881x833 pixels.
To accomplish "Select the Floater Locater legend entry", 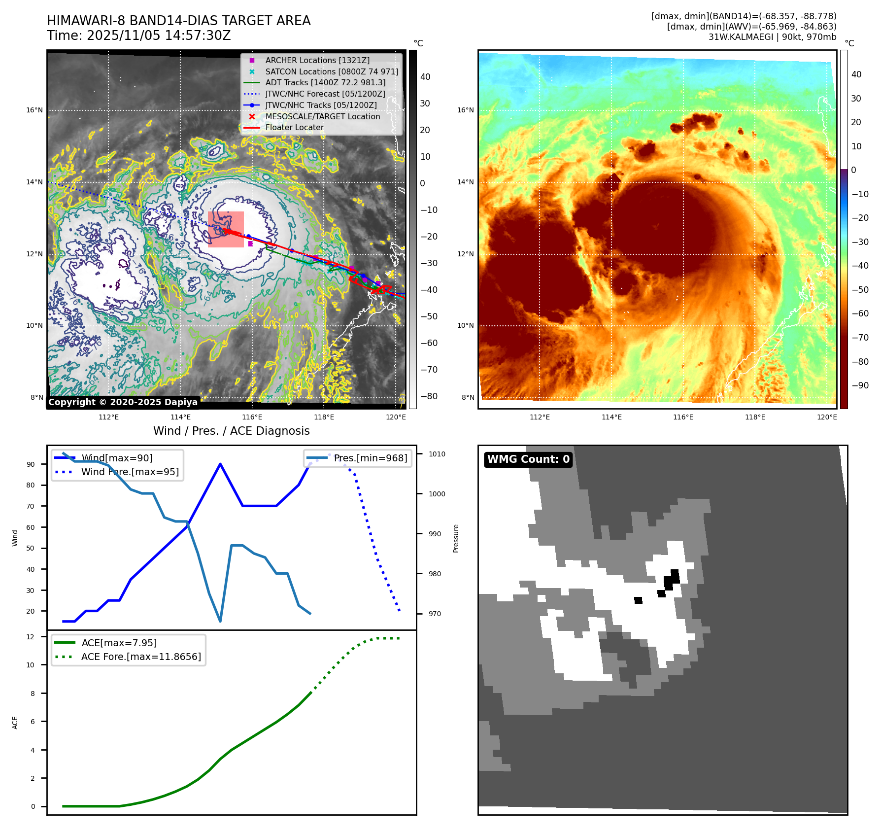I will (x=294, y=127).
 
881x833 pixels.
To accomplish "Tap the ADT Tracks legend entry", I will (x=325, y=82).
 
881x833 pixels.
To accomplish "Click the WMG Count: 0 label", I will (x=528, y=459).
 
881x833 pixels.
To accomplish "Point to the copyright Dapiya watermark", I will (x=123, y=402).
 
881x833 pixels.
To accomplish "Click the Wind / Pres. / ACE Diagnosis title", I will (x=231, y=431).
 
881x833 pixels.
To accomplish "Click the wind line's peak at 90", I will (x=220, y=464).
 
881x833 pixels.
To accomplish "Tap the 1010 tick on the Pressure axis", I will (x=437, y=454).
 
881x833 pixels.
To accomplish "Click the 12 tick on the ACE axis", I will (x=31, y=637).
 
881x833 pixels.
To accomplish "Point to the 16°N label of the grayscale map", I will (x=34, y=110).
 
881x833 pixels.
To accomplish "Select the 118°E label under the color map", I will (x=755, y=417).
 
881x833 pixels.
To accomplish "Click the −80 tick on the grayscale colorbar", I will (x=429, y=396).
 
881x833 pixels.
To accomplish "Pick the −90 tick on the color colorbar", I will (x=860, y=385).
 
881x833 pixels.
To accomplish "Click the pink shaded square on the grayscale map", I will (x=226, y=229).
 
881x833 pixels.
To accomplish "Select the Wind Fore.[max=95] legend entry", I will (x=130, y=472).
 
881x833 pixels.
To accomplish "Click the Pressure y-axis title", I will (x=456, y=538).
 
